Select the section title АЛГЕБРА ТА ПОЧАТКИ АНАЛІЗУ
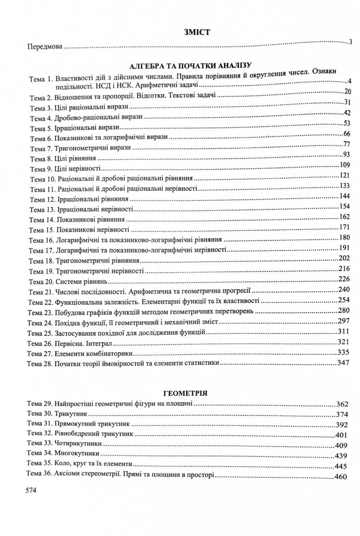tap(190, 66)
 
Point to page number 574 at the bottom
tap(32, 490)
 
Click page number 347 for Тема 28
tap(343, 363)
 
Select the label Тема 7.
tap(40, 149)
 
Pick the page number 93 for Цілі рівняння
tap(346, 155)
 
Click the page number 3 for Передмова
tap(350, 42)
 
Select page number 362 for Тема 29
tap(342, 405)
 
